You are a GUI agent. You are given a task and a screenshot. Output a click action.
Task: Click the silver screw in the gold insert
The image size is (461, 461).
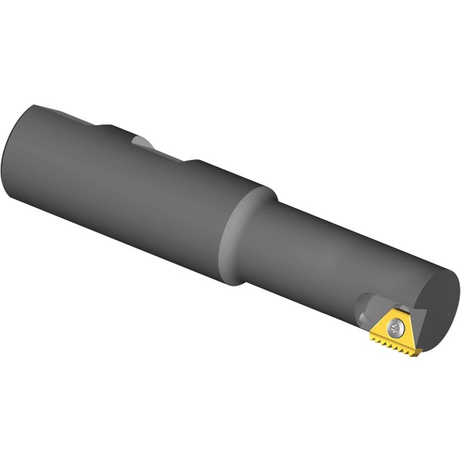click(398, 326)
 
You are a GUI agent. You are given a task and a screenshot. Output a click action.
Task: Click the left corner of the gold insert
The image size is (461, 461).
click(371, 335)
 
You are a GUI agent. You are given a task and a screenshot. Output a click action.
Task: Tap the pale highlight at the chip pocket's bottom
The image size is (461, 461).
click(361, 315)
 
